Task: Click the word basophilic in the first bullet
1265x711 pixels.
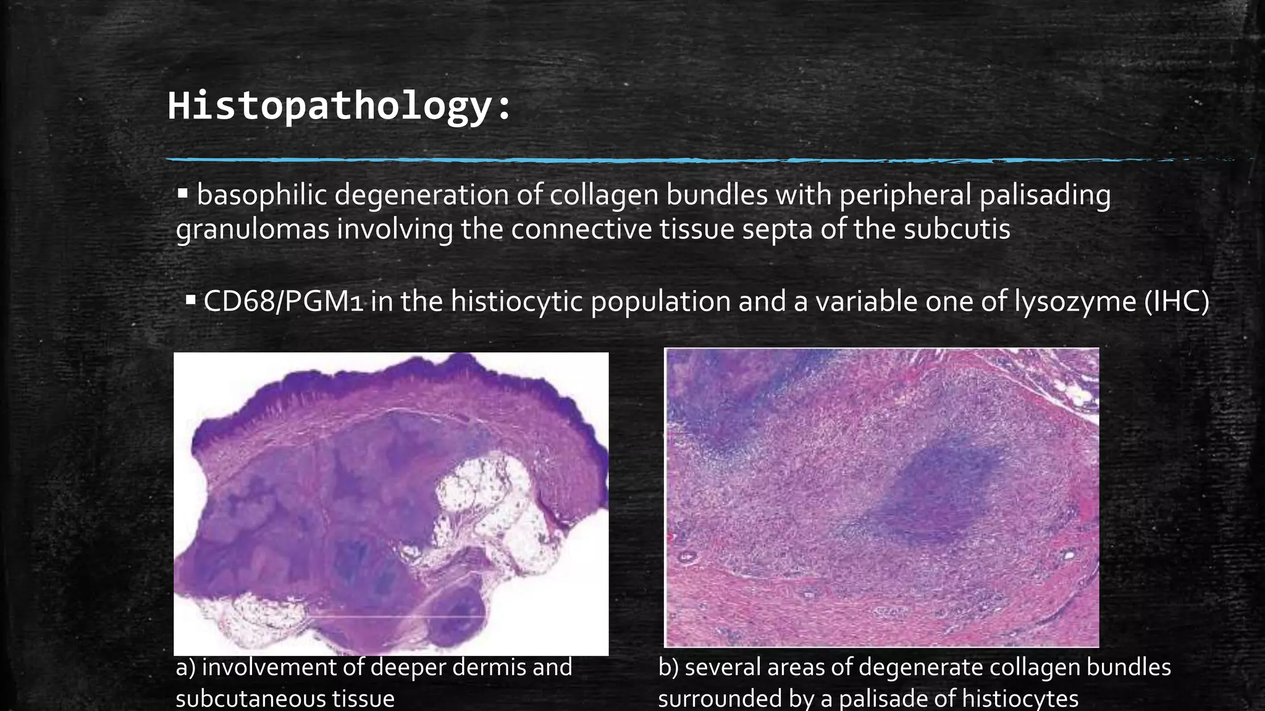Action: pyautogui.click(x=262, y=195)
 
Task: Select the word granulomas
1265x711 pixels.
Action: pyautogui.click(x=253, y=230)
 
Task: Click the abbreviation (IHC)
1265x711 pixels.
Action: pyautogui.click(x=1176, y=302)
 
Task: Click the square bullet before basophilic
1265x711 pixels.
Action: pyautogui.click(x=182, y=194)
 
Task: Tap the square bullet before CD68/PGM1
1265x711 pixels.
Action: pyautogui.click(x=191, y=301)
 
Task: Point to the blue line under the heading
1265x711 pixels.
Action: pyautogui.click(x=556, y=160)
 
